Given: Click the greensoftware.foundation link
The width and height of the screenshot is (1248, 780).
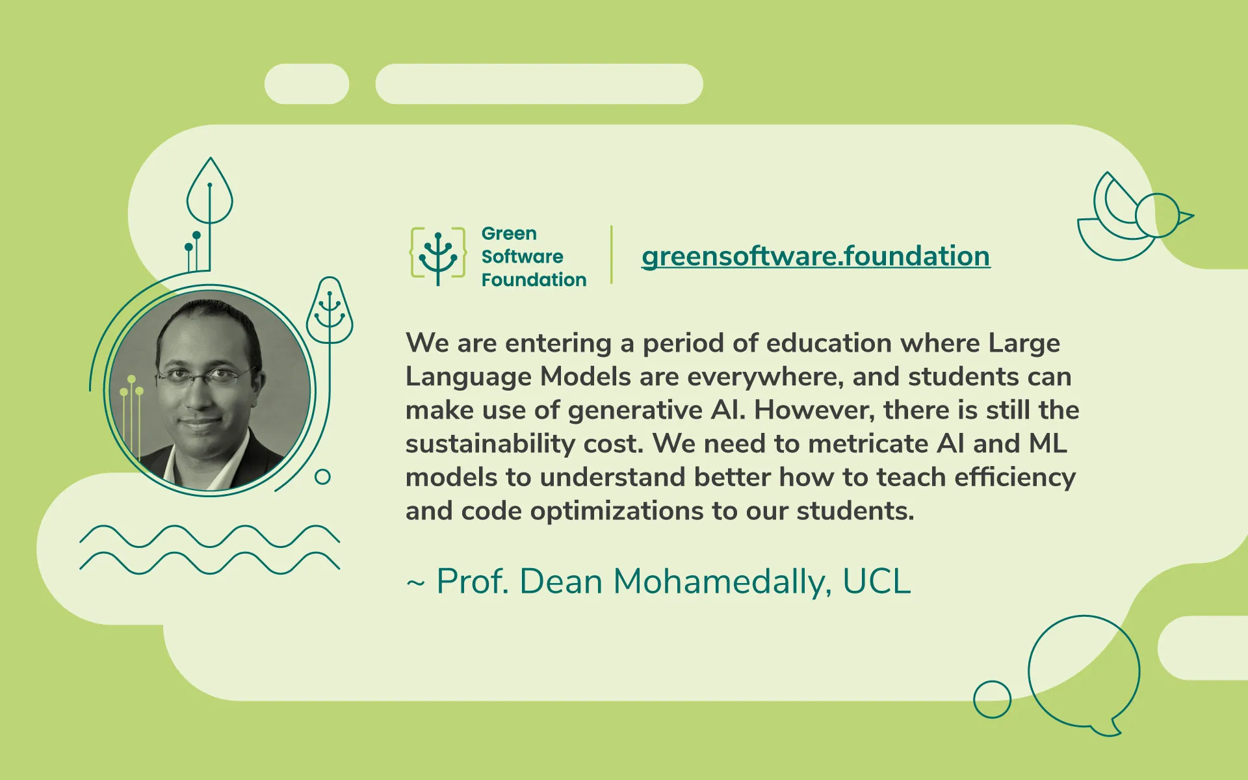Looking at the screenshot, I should (x=816, y=256).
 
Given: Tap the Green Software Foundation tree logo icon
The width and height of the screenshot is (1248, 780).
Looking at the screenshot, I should (x=437, y=257).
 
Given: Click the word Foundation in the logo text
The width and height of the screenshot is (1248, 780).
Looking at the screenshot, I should (x=534, y=280).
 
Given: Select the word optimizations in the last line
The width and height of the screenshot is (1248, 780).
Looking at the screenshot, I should (x=617, y=512).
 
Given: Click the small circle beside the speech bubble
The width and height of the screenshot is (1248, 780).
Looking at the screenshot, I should (x=992, y=699).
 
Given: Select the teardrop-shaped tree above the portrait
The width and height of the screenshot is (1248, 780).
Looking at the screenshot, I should (x=209, y=192).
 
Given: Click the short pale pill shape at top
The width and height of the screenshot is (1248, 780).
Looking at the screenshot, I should (x=307, y=84).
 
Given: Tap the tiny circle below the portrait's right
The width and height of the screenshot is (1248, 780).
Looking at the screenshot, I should (x=322, y=477).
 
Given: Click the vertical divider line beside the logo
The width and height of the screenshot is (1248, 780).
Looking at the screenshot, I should (x=612, y=255).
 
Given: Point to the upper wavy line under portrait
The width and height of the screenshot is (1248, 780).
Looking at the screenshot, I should (x=209, y=536).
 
